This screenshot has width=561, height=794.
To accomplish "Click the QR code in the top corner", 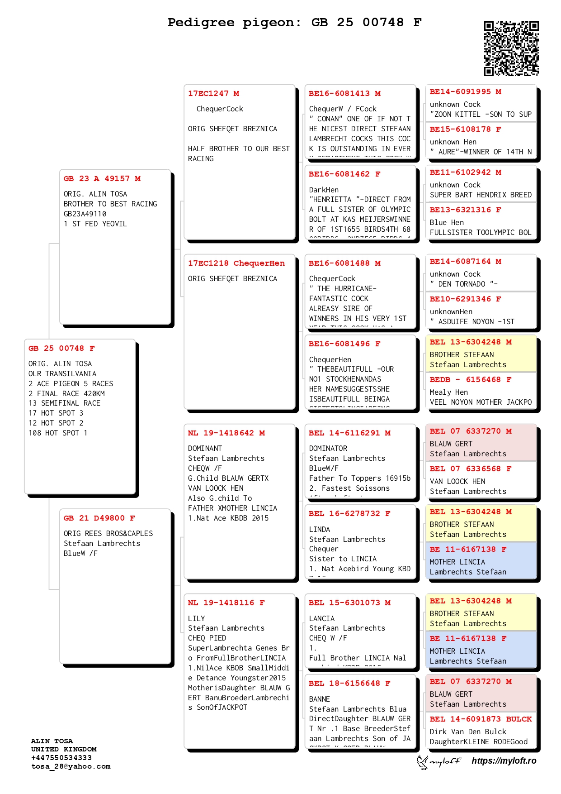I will pos(511,48).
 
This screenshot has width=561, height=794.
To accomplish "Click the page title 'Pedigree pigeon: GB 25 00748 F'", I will pos(294,22).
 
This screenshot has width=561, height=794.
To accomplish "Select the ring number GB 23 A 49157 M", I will pos(102,179).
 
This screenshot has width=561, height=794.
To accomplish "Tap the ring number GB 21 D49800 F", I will pos(99,518).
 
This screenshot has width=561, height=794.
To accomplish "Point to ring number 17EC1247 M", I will pos(214,94).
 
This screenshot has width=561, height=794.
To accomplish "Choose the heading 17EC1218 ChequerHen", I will pos(236,263).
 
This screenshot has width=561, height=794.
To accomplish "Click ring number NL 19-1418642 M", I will pos(226,433).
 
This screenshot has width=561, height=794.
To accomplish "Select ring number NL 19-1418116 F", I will pos(226,603).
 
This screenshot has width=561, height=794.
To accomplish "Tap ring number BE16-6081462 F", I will pos(344,174).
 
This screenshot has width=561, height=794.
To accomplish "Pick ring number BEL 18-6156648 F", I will pos(349,684).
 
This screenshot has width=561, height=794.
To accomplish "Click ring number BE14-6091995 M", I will pos(465,92).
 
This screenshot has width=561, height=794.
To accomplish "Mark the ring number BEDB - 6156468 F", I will pos(471,380).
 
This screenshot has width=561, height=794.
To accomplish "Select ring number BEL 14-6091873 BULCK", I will pos(481,719).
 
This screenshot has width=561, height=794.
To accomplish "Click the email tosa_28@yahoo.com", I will pos(71,766).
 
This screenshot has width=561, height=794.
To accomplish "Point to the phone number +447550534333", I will pos(61,758).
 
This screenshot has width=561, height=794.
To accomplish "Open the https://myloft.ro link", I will pos(504,761).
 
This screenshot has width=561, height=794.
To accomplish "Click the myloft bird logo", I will pos(423,762).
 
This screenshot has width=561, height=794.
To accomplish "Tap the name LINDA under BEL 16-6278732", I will pos(320,530).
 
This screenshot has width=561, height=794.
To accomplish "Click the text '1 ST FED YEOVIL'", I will pos(95,224).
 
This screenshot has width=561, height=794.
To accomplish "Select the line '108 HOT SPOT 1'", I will pos(58,433).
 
